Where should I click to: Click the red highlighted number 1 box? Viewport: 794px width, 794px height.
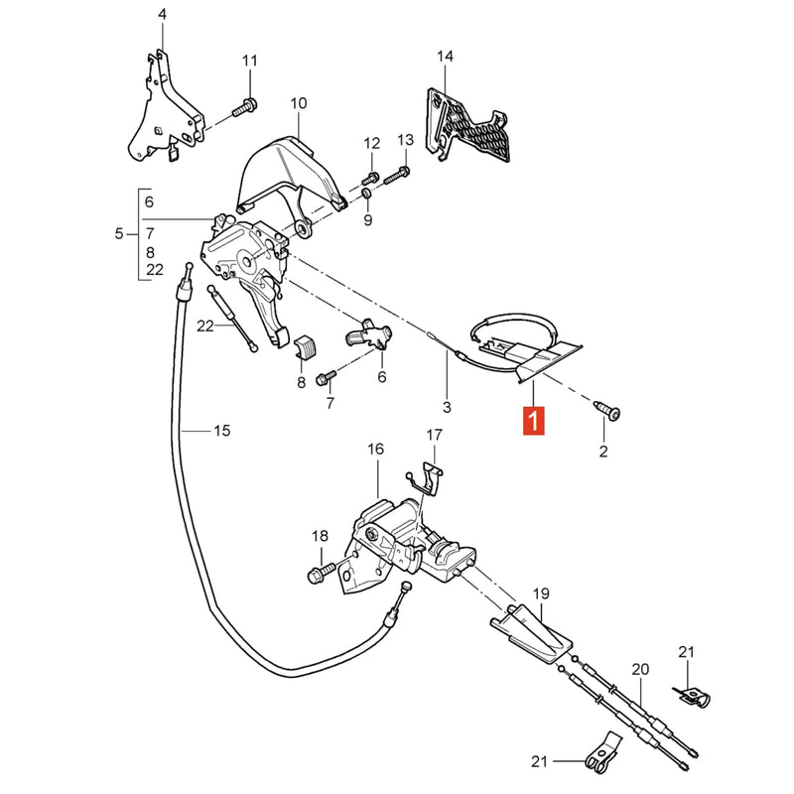534,420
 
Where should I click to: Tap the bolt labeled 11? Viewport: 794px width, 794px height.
245,108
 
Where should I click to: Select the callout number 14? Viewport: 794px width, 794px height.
445,57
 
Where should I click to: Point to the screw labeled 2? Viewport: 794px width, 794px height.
607,410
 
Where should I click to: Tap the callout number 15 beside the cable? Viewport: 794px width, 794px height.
221,431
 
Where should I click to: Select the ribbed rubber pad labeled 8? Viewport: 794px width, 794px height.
305,345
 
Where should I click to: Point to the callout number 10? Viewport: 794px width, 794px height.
299,103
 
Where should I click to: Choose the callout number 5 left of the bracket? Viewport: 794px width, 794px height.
119,234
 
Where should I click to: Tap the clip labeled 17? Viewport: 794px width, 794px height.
427,478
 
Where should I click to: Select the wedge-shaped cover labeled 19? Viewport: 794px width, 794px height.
532,633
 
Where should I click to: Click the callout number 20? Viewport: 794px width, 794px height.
640,669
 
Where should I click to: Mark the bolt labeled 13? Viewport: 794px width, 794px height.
396,176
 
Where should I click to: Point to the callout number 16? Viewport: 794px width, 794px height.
376,450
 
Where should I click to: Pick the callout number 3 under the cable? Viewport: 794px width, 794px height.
447,407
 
